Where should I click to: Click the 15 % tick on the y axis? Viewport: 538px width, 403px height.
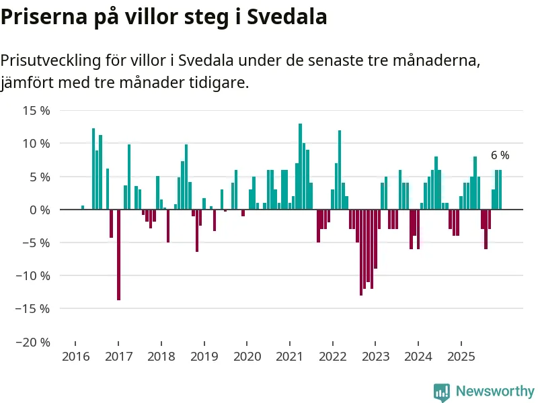36,110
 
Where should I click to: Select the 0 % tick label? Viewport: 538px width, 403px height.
39,210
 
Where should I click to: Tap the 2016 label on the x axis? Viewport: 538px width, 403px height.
75,357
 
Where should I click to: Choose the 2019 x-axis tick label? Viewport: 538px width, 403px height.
204,357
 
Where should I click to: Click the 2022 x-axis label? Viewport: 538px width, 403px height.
332,357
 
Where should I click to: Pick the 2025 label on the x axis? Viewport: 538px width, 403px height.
461,357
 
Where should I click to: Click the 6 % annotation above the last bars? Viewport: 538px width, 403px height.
500,155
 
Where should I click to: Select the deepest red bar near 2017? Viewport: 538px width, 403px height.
118,255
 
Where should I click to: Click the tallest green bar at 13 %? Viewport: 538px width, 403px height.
300,167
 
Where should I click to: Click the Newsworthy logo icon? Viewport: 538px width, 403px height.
442,392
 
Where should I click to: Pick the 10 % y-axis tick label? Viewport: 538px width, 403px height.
36,143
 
